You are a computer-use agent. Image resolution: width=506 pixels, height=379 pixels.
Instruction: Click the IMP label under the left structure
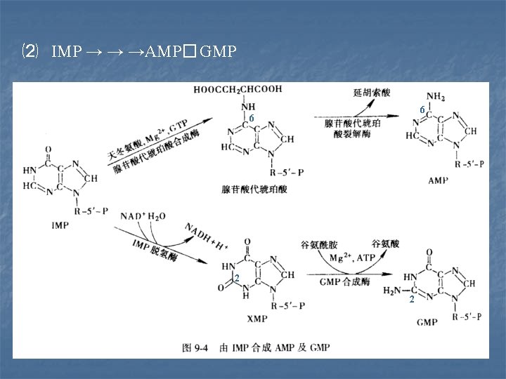60,225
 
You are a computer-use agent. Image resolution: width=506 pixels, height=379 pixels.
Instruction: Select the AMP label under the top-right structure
437,180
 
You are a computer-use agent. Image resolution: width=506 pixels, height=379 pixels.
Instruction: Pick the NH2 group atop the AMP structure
436,97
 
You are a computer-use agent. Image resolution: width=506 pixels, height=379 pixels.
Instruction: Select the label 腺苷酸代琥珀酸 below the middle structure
254,189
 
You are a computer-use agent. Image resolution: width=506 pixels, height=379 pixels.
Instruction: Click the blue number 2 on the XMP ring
237,279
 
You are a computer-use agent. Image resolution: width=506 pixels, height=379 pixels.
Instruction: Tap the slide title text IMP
67,52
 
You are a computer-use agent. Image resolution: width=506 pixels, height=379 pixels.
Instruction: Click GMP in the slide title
218,52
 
